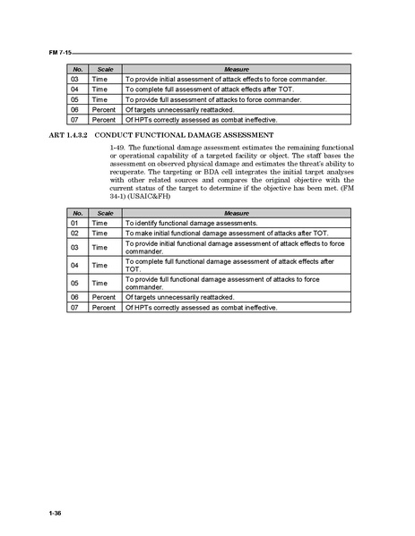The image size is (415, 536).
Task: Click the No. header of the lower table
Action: [78, 213]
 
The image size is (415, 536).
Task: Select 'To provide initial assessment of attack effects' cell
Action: [224, 80]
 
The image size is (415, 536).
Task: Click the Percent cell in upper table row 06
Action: [105, 109]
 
